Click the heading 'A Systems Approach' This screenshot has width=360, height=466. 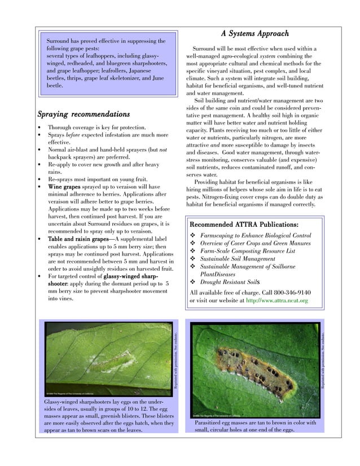click(254, 34)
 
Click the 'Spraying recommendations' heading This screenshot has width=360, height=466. click(84, 114)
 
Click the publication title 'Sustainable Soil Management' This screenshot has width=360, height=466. click(238, 259)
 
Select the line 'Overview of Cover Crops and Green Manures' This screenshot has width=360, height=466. click(256, 243)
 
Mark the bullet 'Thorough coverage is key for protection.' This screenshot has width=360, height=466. click(96, 128)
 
